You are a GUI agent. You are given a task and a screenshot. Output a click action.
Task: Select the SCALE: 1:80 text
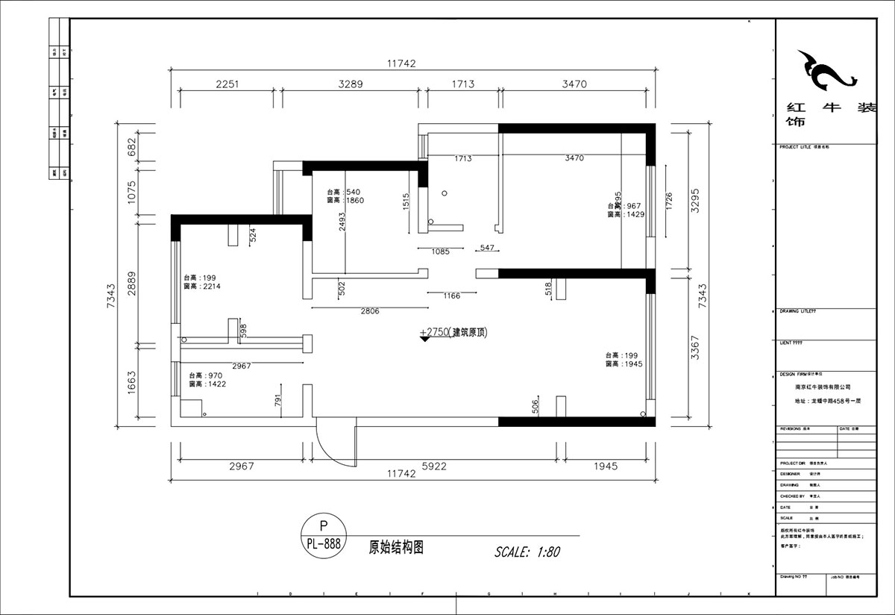coord(527,552)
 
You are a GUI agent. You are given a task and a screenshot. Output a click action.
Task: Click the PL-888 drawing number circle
coord(323,535)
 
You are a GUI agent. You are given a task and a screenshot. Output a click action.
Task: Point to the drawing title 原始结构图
coord(396,546)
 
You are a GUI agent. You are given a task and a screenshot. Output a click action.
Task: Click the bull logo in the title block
coord(825,72)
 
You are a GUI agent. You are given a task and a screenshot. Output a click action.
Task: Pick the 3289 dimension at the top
coord(349,84)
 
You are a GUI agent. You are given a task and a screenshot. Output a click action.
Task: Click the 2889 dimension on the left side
coord(132,284)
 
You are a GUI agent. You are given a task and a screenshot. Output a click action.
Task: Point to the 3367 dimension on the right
coord(695,347)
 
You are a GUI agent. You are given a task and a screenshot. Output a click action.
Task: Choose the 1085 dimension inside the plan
coord(440,252)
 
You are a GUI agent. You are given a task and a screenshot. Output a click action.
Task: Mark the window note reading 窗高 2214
coord(201,286)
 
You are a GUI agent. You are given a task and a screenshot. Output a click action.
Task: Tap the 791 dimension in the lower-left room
coord(277,401)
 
